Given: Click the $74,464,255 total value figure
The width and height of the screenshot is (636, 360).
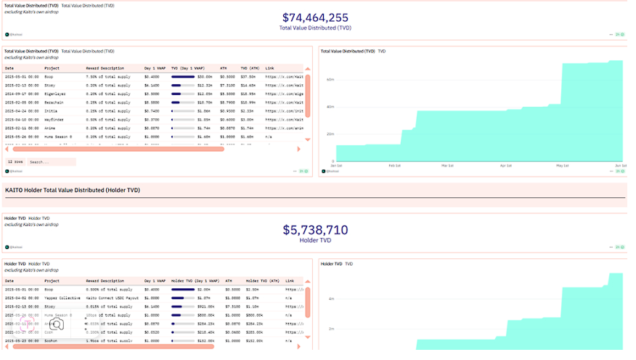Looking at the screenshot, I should pos(314,17).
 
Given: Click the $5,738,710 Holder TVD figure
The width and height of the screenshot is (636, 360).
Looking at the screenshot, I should pos(315,230).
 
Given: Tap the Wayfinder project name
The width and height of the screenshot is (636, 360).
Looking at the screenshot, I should pos(55,119).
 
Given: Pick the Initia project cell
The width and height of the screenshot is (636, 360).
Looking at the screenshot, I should pos(52,110).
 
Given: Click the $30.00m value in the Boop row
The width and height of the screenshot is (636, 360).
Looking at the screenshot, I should pos(205,76).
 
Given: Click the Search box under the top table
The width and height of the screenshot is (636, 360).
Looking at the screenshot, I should pos(51,162).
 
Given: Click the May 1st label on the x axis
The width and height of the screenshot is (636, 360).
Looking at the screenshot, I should pos(563,165).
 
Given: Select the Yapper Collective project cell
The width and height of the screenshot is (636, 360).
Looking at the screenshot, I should pos(63,298).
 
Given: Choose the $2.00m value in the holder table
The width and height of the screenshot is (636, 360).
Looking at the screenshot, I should pos(205,289).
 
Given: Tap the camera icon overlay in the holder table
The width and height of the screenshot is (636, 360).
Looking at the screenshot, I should pos(57,324).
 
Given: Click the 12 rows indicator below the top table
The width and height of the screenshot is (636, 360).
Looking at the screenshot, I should pos(15,162).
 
